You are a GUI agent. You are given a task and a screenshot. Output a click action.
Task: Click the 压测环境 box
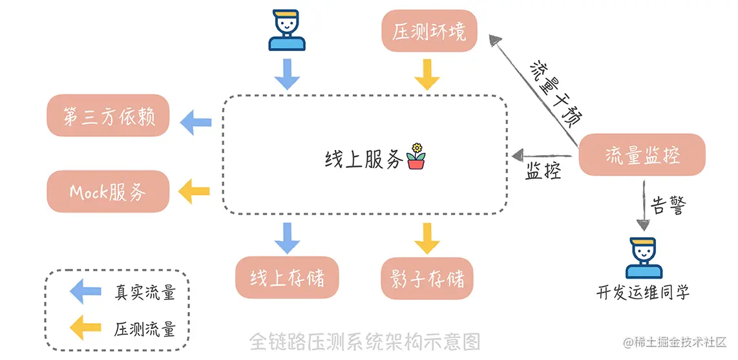pyautogui.click(x=429, y=31)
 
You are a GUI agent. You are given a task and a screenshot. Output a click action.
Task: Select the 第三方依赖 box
pyautogui.click(x=107, y=116)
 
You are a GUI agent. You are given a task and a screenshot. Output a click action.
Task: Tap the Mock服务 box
pyautogui.click(x=107, y=191)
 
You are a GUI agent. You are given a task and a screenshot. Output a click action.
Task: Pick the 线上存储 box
pyautogui.click(x=287, y=278)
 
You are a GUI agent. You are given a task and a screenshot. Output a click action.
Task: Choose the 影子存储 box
pyautogui.click(x=427, y=278)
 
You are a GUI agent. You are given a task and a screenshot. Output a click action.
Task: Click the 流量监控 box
pyautogui.click(x=642, y=155)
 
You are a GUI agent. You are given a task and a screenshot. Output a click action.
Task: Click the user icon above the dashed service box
pyautogui.click(x=287, y=30)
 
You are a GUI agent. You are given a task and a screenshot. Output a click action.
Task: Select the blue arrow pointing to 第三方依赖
pyautogui.click(x=195, y=121)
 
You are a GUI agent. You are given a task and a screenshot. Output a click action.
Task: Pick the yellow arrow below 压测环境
pyautogui.click(x=427, y=74)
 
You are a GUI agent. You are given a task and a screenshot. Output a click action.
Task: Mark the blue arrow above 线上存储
pyautogui.click(x=287, y=237)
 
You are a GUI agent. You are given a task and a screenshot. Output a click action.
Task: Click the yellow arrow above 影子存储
pyautogui.click(x=427, y=237)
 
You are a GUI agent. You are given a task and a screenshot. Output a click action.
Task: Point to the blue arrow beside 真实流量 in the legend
pyautogui.click(x=85, y=291)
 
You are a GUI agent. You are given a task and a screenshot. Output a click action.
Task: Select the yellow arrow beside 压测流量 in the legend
pyautogui.click(x=85, y=328)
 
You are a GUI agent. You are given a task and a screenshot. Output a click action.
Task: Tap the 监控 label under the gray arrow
pyautogui.click(x=543, y=173)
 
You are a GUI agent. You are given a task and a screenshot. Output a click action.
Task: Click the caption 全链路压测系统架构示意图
pyautogui.click(x=365, y=341)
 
